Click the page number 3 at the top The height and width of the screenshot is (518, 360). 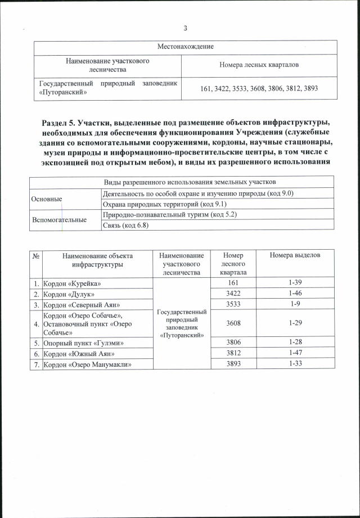pyautogui.click(x=185, y=29)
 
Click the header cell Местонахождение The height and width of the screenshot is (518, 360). pyautogui.click(x=185, y=46)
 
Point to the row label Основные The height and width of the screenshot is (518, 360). pyautogui.click(x=47, y=199)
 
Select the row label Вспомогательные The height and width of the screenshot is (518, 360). pyautogui.click(x=58, y=219)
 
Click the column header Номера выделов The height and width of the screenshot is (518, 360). pyautogui.click(x=295, y=256)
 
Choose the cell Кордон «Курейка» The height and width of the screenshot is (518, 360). pyautogui.click(x=75, y=282)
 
